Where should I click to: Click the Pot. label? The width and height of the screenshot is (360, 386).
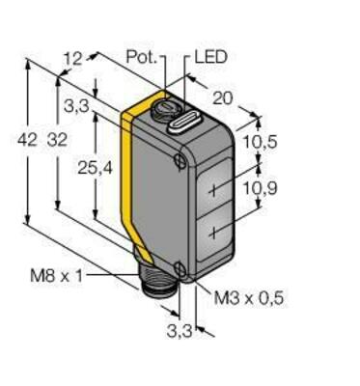point(146,57)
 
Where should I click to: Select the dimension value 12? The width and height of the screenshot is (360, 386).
point(71,60)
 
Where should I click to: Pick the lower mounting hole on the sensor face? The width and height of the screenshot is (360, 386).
point(181,265)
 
